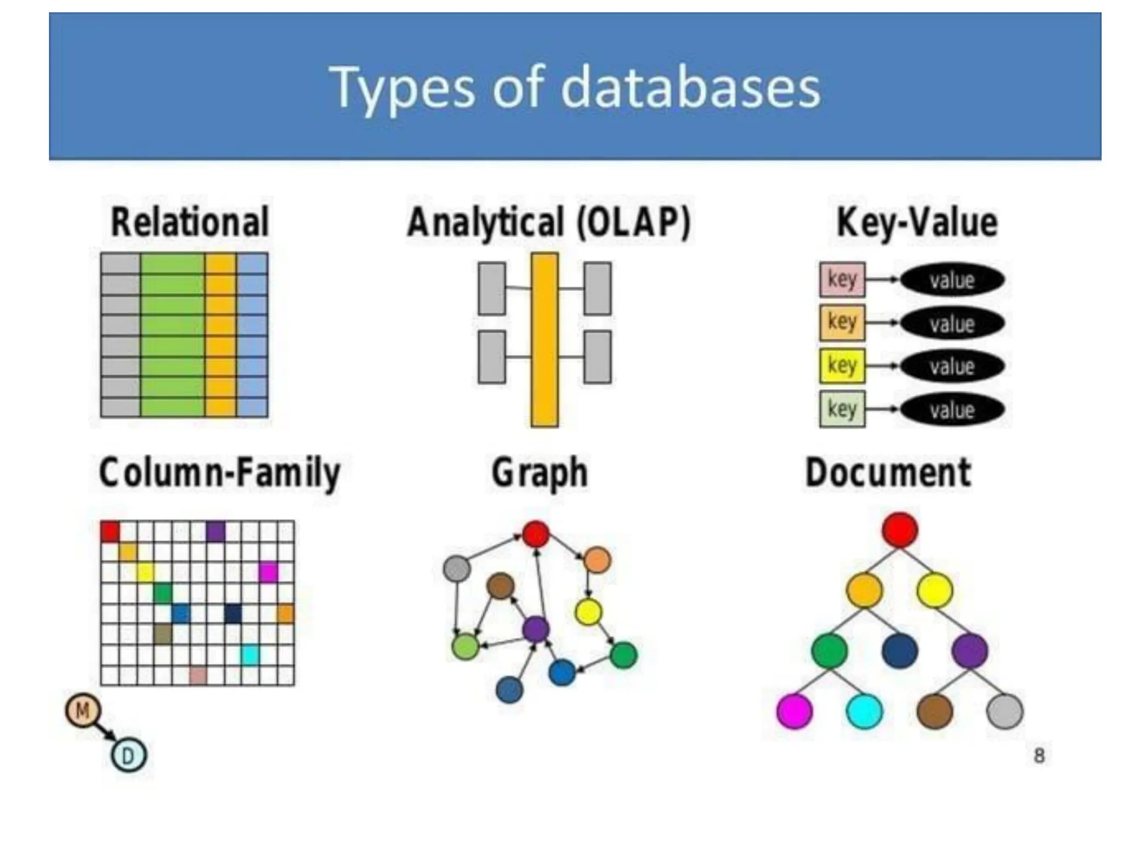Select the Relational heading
tap(190, 222)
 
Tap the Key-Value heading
tap(917, 222)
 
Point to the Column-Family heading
tap(219, 473)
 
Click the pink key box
tap(842, 280)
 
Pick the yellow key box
tap(842, 366)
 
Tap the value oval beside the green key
tap(952, 409)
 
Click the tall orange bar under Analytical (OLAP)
tap(545, 340)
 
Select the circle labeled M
tap(83, 711)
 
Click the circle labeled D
tap(128, 756)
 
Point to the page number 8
tap(1039, 756)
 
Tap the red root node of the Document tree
tap(900, 530)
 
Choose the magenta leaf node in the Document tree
tap(795, 711)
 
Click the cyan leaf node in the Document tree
tap(865, 711)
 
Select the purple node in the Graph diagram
tap(536, 629)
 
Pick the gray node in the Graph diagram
tap(457, 568)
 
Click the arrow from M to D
tap(105, 733)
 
